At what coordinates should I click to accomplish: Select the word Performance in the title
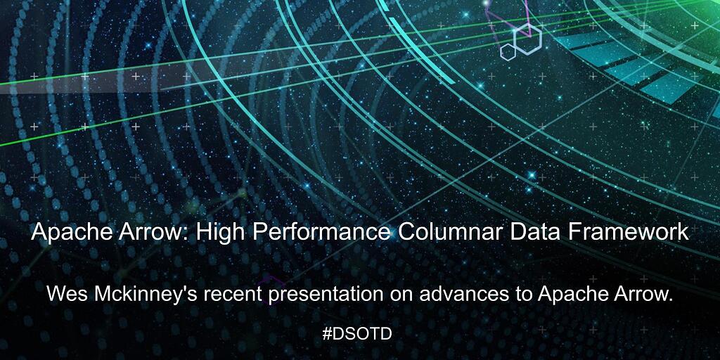click(321, 232)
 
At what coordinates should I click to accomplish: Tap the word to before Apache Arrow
click(521, 295)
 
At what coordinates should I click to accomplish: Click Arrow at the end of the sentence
click(641, 294)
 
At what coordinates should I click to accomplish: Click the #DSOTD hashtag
click(356, 334)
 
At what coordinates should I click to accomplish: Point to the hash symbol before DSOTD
click(326, 334)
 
